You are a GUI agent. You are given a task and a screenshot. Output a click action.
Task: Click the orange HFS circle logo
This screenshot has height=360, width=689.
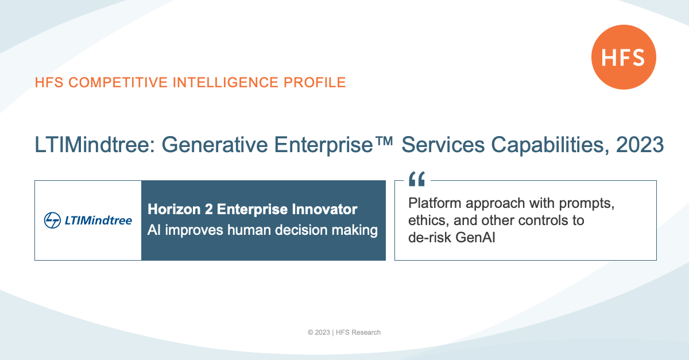[624, 57]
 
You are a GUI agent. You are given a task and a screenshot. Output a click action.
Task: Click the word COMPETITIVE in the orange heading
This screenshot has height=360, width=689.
[118, 83]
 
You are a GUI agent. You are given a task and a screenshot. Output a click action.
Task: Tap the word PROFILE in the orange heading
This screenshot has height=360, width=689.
[315, 83]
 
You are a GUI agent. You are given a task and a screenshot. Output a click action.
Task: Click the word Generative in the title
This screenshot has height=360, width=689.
[215, 145]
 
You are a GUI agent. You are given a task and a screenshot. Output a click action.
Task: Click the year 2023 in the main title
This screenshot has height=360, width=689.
[640, 145]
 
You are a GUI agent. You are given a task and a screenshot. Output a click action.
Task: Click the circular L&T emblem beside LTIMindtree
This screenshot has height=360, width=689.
[52, 220]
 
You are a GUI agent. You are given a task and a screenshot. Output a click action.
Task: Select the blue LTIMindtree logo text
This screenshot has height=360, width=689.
[98, 220]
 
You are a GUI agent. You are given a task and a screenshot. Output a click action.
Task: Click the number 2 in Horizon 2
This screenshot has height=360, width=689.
[208, 209]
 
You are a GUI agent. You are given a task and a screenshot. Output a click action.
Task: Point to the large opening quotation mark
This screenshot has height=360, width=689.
[417, 179]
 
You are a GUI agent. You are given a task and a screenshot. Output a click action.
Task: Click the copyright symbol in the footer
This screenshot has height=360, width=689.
[311, 332]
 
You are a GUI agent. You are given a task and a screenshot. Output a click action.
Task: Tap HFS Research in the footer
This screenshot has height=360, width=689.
[358, 332]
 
